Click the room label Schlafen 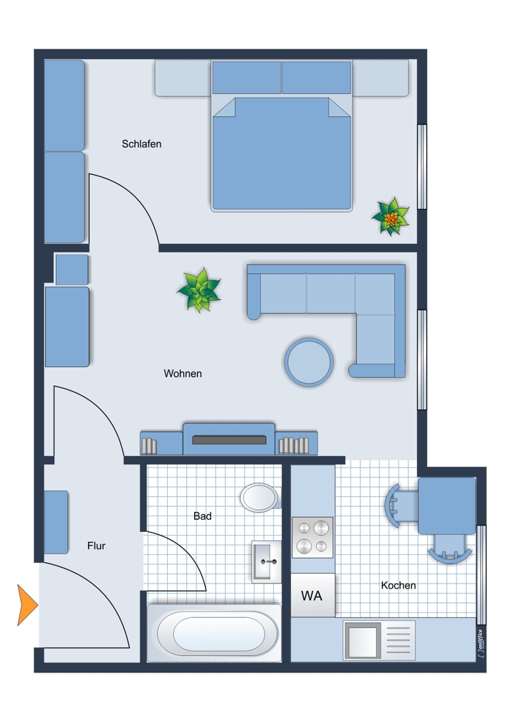(x=141, y=144)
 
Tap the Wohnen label (x=182, y=374)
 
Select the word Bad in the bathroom (x=202, y=516)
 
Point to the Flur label (x=97, y=546)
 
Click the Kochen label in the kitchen (x=398, y=585)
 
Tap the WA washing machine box (x=312, y=595)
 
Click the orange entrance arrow (x=27, y=604)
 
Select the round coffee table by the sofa (x=309, y=361)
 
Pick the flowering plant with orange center (x=391, y=217)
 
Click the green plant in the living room (x=199, y=290)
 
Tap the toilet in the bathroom (x=260, y=498)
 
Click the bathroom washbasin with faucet (x=267, y=561)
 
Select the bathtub (x=214, y=633)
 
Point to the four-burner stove (x=312, y=538)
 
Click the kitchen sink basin (x=362, y=640)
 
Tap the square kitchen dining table (x=447, y=505)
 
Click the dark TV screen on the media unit (x=229, y=440)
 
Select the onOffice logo (x=480, y=644)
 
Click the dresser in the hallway (x=56, y=522)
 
